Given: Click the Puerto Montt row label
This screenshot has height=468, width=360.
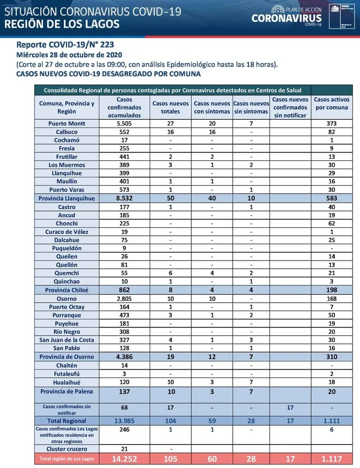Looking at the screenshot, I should coord(66,123).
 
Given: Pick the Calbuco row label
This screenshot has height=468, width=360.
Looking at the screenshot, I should coord(66,131).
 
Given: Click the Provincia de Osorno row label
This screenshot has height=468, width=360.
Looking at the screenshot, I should coord(66,356).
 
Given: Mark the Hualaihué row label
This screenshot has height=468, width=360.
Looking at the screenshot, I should coord(66,381).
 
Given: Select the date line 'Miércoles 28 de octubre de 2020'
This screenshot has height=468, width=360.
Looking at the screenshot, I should coord(68,55).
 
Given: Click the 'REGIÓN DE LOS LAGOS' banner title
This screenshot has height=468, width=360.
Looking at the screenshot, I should coord(62,24).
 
